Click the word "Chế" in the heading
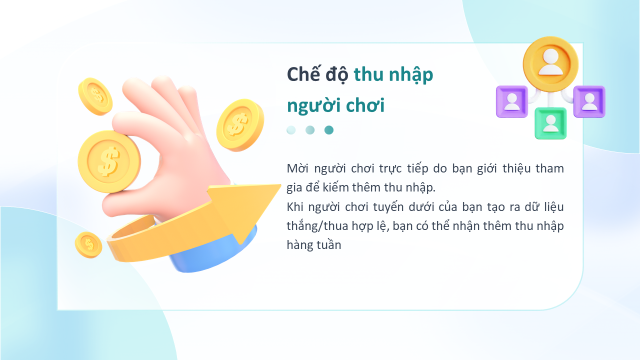[x=303, y=74]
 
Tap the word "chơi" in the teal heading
[x=365, y=105]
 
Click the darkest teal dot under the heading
[x=329, y=130]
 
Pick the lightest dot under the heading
[x=291, y=130]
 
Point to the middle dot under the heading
[x=310, y=130]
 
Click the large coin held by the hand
[x=109, y=161]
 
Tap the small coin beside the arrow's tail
[x=88, y=245]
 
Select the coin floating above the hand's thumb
[x=95, y=96]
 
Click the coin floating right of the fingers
[x=240, y=125]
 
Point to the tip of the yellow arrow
[x=281, y=185]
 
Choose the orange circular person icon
[x=550, y=64]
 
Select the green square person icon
[x=550, y=123]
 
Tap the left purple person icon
[x=512, y=101]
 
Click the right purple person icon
[x=589, y=101]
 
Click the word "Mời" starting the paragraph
[x=297, y=168]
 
